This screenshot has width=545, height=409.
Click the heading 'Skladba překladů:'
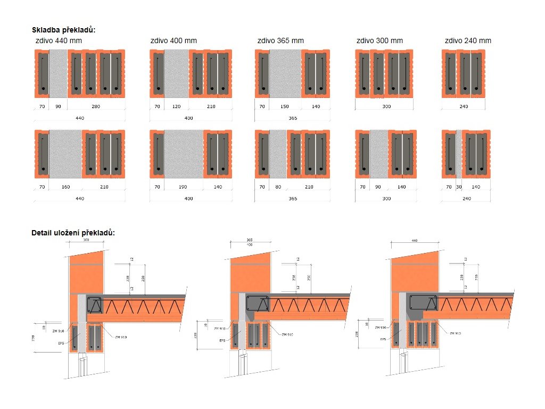point(63,30)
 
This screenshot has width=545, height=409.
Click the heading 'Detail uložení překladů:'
point(73,233)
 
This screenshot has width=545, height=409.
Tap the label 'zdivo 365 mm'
point(280,40)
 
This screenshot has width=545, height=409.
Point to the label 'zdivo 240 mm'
point(468,40)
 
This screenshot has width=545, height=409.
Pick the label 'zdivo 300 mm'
point(379,40)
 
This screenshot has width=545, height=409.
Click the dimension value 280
point(96,107)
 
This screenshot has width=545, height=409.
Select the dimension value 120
point(176,107)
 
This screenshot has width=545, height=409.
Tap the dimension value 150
point(285,107)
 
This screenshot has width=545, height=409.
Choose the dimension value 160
point(66,187)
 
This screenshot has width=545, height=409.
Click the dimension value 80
point(278,187)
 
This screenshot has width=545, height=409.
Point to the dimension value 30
point(459,187)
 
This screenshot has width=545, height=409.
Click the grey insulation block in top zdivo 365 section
point(286,74)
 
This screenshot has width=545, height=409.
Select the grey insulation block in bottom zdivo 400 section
point(184,154)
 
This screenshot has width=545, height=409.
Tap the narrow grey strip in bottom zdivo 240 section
point(459,154)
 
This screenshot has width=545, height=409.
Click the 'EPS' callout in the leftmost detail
point(61,343)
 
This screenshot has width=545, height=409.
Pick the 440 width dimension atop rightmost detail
point(415,241)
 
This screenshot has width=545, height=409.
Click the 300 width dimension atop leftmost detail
point(86,240)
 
